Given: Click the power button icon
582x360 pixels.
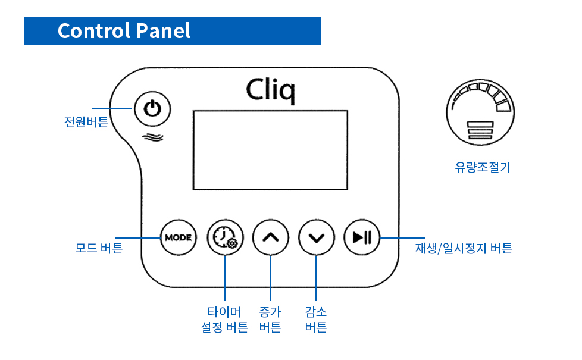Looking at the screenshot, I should pos(153,109).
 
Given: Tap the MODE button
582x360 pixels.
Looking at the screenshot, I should pos(178,237).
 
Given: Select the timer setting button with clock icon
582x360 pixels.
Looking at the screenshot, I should pos(224,237).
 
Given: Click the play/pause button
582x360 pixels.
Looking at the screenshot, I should pos(361,237).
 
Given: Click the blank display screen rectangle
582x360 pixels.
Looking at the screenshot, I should pos(270,150).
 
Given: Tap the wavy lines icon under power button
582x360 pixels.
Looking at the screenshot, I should pos(153,137).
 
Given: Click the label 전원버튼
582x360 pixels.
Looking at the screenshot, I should pos(86,122).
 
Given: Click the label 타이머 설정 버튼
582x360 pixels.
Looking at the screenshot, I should pos(224,320).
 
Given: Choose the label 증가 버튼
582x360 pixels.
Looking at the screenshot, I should pos(270,320).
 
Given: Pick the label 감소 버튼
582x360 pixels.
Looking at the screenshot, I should pos(316,320).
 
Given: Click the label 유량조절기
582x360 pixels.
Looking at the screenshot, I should pos(483,168).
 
